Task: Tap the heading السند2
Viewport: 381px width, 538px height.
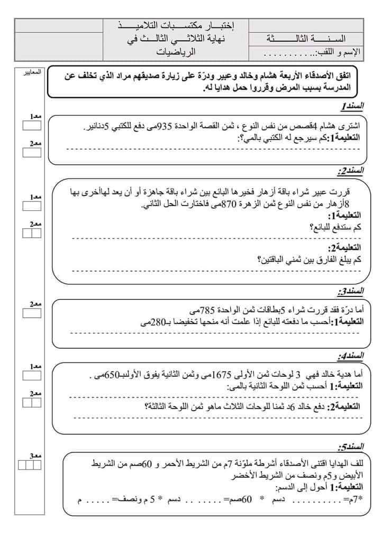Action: pos(350,171)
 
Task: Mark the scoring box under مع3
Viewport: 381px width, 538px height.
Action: pos(30,465)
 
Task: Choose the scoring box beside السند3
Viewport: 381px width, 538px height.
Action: pos(32,312)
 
